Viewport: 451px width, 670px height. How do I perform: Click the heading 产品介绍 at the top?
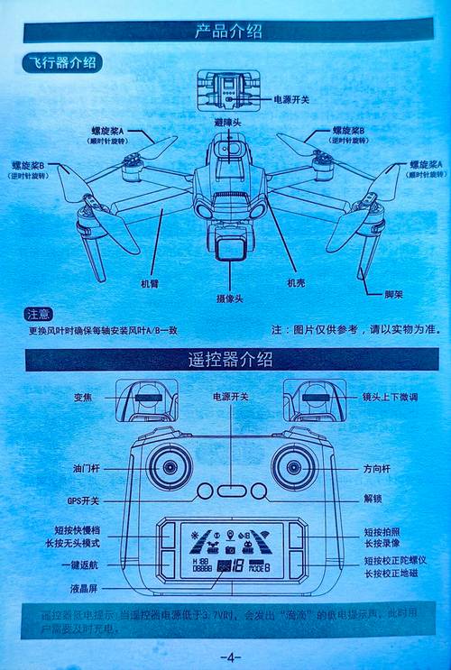point(228,32)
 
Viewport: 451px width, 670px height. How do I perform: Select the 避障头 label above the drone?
point(227,121)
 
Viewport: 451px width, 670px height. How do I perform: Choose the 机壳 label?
point(296,284)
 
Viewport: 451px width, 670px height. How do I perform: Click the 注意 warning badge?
point(39,314)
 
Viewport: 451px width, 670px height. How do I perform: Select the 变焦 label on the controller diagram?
point(85,397)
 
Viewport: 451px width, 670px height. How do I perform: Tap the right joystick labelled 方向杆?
point(294,466)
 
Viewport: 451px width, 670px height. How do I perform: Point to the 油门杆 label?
point(87,469)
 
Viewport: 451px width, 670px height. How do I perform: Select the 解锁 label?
point(373,498)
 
